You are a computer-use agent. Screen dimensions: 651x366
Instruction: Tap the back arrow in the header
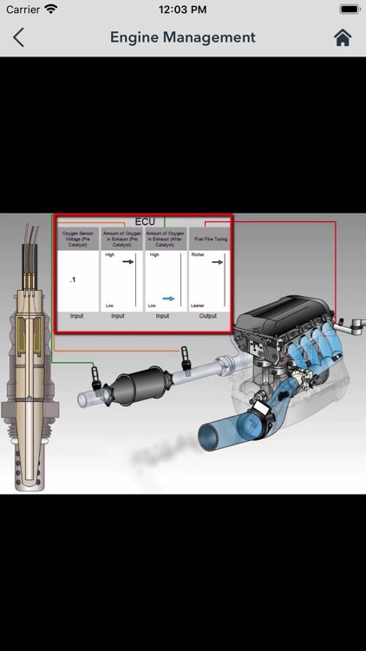[x=18, y=37]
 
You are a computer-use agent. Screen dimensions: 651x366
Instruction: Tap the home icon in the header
[x=343, y=37]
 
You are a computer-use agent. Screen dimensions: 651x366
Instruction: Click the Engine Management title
[x=183, y=37]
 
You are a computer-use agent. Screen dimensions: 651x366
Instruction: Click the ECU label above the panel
[x=145, y=222]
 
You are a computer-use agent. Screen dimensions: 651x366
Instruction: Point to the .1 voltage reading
[x=72, y=280]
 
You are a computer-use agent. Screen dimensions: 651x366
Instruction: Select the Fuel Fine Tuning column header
[x=210, y=239]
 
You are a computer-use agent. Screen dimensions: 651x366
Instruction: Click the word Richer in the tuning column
[x=199, y=255]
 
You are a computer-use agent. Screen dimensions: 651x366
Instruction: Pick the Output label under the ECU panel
[x=209, y=316]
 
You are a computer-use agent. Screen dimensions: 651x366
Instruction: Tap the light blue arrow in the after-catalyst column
[x=169, y=299]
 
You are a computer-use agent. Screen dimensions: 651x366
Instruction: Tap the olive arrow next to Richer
[x=218, y=261]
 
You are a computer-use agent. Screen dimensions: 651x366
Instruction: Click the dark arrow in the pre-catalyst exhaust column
[x=127, y=260]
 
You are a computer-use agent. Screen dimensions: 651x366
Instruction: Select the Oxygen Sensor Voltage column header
[x=77, y=239]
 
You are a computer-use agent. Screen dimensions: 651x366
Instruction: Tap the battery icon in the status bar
[x=349, y=9]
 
